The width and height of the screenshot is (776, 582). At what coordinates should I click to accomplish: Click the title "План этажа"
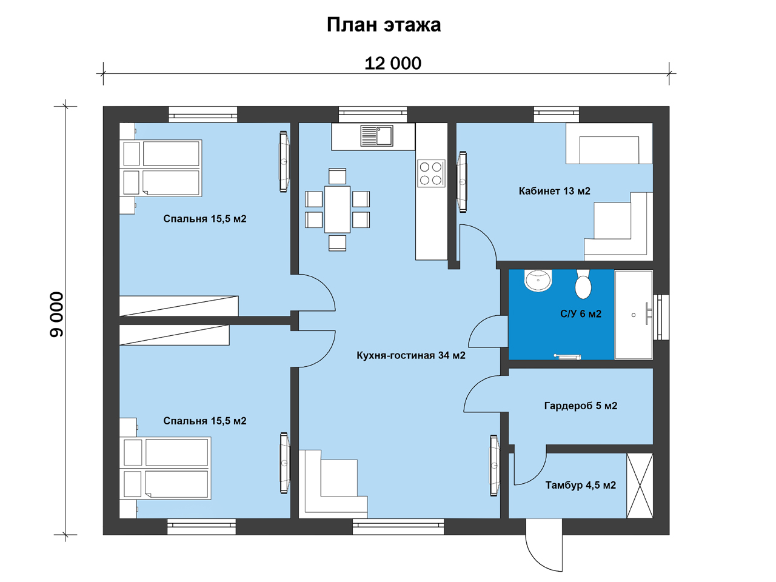click(x=384, y=25)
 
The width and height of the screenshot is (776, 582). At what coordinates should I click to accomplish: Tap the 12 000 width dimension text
click(x=393, y=64)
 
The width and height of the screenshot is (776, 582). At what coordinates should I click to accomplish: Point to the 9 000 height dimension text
click(x=56, y=314)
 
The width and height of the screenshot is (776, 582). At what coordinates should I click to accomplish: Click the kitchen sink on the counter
click(x=376, y=136)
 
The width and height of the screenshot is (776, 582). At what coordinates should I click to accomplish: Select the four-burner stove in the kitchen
click(x=431, y=173)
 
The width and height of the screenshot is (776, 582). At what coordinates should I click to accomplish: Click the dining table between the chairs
click(x=337, y=210)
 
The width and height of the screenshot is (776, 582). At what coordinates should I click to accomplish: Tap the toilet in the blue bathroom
click(x=583, y=284)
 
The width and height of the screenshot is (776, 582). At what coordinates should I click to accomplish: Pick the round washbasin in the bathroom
click(x=538, y=280)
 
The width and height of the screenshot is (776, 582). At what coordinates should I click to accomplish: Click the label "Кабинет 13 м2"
click(x=554, y=191)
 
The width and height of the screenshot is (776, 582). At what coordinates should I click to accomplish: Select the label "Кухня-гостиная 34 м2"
click(x=411, y=355)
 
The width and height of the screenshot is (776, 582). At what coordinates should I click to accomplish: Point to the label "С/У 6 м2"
click(x=581, y=314)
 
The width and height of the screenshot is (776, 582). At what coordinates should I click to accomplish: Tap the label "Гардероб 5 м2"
click(x=581, y=406)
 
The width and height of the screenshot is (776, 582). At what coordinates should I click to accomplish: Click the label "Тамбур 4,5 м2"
click(x=581, y=485)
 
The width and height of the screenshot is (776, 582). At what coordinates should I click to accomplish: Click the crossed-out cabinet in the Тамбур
click(x=640, y=486)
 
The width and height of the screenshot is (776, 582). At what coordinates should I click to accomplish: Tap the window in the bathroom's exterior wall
click(x=661, y=317)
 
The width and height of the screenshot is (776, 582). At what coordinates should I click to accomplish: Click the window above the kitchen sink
click(x=373, y=115)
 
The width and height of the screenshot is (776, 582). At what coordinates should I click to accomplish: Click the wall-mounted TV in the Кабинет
click(x=463, y=182)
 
